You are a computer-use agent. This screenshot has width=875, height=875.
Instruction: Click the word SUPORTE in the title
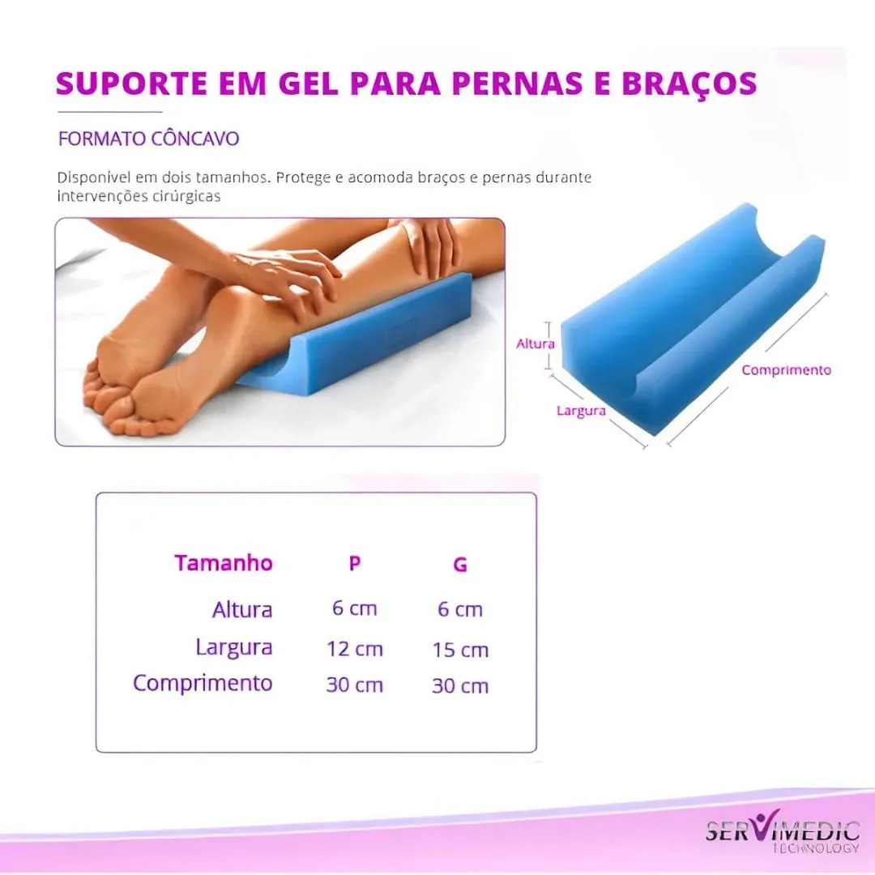tap(132, 83)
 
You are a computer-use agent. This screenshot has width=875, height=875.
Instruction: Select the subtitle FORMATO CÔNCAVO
tap(148, 139)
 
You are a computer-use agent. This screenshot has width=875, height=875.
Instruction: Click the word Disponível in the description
tap(94, 177)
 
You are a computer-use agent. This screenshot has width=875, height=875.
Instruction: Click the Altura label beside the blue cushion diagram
tap(536, 344)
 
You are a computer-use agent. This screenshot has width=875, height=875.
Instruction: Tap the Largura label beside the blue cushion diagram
tap(581, 412)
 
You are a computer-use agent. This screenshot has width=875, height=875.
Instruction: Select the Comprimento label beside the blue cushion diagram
tap(786, 370)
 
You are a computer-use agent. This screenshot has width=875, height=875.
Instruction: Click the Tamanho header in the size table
tap(224, 563)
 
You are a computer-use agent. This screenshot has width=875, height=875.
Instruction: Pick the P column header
tap(354, 564)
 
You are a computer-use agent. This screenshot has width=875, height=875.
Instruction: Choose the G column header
tap(460, 565)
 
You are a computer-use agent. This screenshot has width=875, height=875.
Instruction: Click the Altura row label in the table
tap(242, 609)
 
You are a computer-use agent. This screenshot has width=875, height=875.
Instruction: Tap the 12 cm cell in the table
tap(355, 649)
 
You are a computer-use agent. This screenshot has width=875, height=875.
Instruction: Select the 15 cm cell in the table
tap(460, 650)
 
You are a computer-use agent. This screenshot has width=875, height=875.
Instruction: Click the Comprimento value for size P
tap(355, 685)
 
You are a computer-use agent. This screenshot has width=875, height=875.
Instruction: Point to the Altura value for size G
tap(460, 609)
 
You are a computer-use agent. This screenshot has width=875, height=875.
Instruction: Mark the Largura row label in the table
tap(234, 648)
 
